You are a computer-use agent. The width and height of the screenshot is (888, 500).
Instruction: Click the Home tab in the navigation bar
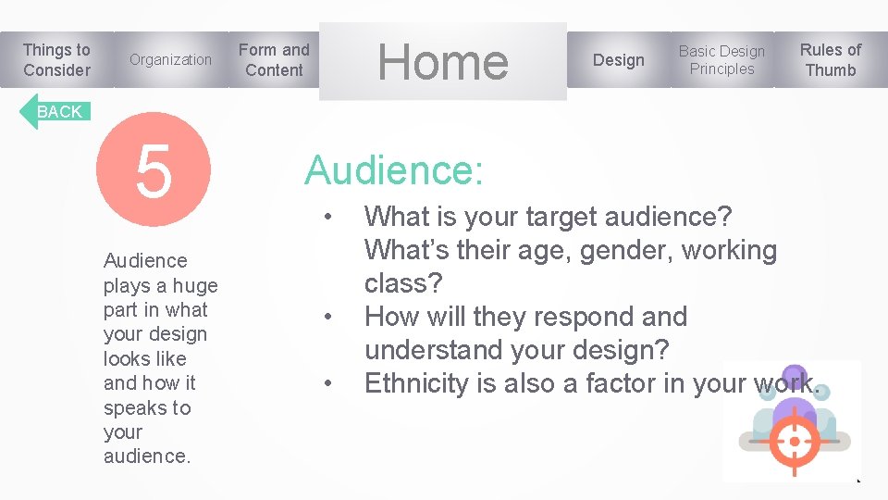tap(442, 61)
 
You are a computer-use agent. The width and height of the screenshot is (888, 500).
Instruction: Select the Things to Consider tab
tap(56, 60)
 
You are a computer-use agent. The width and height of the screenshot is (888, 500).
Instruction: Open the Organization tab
tap(170, 60)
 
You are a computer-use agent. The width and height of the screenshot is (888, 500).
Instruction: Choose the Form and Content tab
tap(274, 60)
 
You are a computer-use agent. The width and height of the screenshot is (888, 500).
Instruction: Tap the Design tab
tap(618, 60)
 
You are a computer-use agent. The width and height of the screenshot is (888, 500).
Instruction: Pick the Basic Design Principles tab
tap(721, 60)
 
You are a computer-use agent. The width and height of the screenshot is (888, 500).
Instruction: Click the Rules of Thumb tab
tap(830, 60)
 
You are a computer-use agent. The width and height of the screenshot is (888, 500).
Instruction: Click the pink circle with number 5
tap(154, 170)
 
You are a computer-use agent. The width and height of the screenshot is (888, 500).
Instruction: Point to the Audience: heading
tap(393, 170)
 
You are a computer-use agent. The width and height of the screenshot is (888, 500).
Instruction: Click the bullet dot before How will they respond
tap(327, 319)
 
